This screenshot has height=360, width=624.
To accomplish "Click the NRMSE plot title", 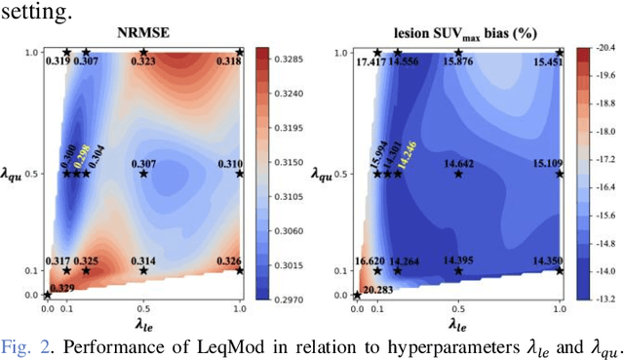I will point(143,32).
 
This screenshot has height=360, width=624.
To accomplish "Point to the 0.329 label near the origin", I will point(60,289).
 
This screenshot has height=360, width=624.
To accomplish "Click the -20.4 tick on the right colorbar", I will point(604,46).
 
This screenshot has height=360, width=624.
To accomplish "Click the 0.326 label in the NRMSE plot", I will point(227,260).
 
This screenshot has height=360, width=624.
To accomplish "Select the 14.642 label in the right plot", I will point(457,164).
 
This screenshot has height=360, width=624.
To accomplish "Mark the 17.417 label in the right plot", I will point(371,61).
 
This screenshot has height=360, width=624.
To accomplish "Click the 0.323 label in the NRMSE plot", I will point(143,61).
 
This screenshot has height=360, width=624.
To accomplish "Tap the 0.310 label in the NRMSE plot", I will point(230,164).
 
